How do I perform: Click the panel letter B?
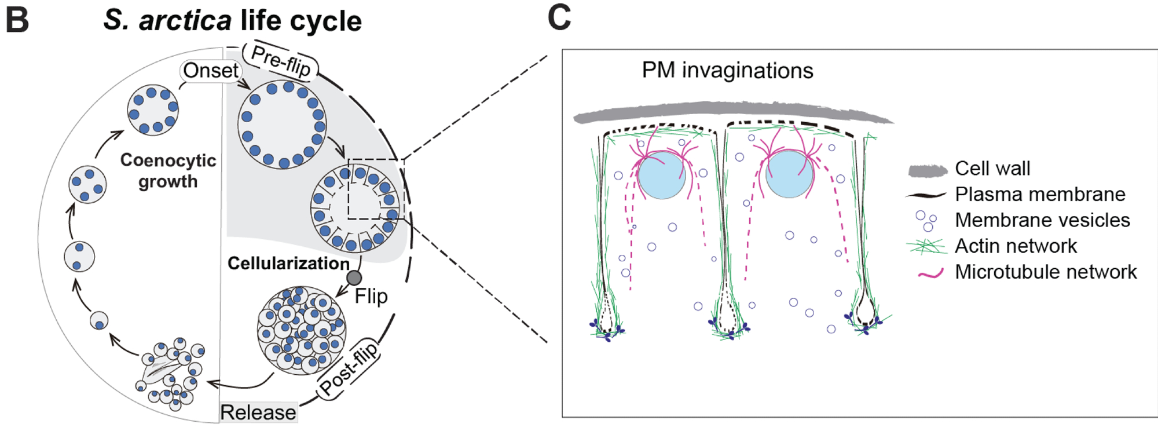pos(17,20)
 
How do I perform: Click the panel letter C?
pos(559,17)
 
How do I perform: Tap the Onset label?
pos(210,71)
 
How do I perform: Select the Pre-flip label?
pos(281,60)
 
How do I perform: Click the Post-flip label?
pos(349,369)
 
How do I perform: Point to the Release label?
pos(258,412)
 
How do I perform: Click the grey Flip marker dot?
pos(354,277)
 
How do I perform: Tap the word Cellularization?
pos(288,264)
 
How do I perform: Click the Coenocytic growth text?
pos(168,171)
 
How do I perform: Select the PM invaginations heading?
pos(727,71)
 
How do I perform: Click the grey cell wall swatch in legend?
pos(928,170)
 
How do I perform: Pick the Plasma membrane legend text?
pos(1040,194)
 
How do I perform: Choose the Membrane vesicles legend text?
pos(1042,220)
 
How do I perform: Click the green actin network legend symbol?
pos(926,246)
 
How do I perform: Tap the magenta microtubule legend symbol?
pos(930,273)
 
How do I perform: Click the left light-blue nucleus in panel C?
pos(661,175)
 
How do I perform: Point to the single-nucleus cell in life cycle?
pos(99,320)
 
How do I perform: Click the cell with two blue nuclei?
pos(79,257)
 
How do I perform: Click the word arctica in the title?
pos(185,21)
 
